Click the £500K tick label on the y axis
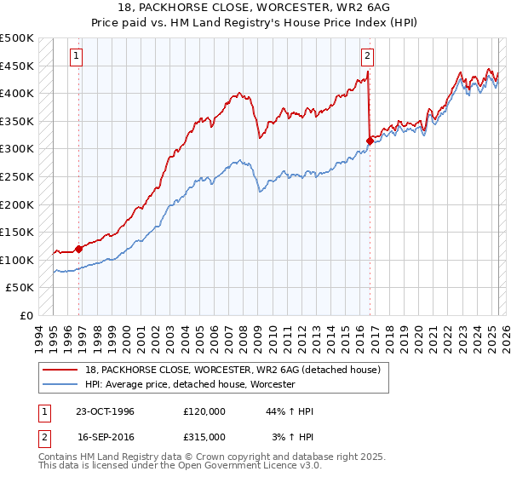[x=17, y=38]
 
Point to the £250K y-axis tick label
[x=17, y=176]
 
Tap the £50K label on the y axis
[x=20, y=288]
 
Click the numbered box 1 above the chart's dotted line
[x=76, y=56]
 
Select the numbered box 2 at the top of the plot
[x=367, y=56]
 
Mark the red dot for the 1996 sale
[x=79, y=249]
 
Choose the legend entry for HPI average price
[x=189, y=385]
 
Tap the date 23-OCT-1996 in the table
[x=105, y=411]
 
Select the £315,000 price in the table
[x=204, y=436]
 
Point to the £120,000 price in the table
[x=204, y=411]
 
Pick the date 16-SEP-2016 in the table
[x=105, y=436]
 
